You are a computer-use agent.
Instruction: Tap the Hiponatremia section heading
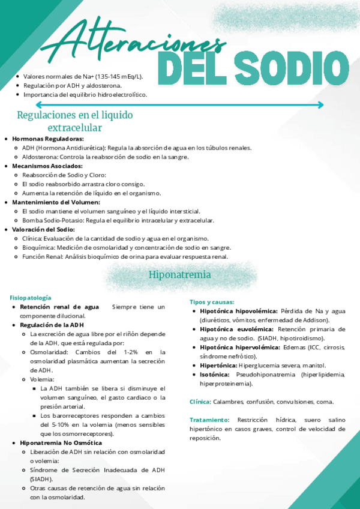[x=180, y=275]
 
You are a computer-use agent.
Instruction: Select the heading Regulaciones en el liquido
[x=75, y=115]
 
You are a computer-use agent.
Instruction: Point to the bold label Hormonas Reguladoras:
[x=40, y=139]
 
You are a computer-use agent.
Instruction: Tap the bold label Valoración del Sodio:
[x=40, y=229]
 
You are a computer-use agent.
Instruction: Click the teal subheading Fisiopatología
[x=31, y=298]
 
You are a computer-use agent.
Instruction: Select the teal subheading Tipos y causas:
[x=212, y=302]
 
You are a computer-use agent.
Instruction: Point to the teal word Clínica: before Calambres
[x=200, y=402]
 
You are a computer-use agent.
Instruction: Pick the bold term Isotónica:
[x=215, y=374]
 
